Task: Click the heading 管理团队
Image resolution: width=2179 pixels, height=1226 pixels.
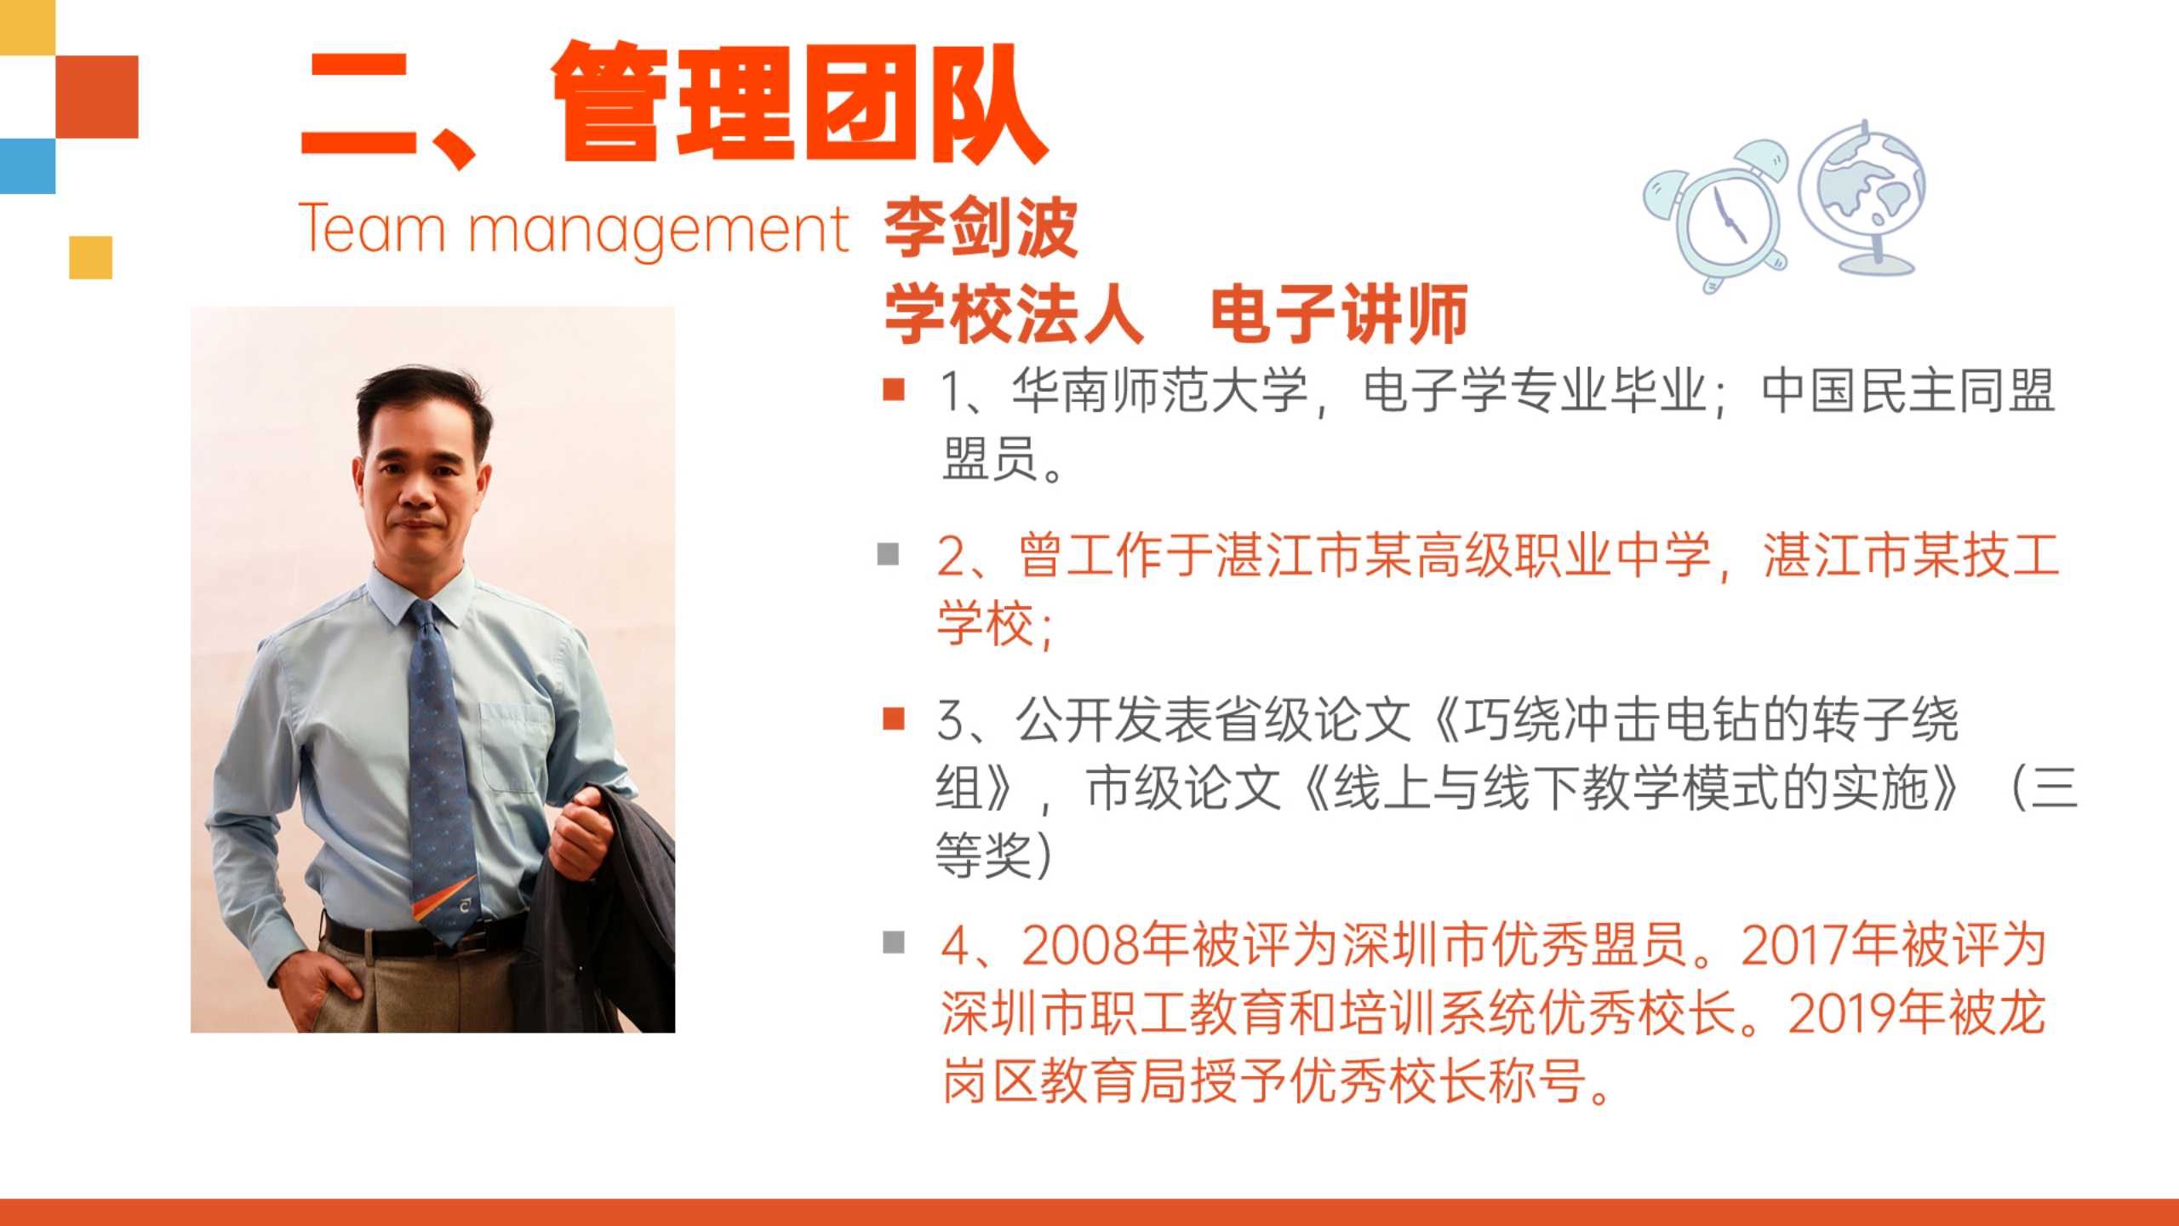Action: click(800, 102)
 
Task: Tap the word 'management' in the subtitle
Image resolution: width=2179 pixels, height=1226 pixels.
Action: click(659, 232)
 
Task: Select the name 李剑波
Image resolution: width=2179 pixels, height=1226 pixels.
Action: click(981, 227)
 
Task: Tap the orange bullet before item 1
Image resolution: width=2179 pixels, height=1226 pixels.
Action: click(894, 389)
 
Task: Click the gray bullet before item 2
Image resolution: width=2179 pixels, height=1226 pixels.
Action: click(889, 554)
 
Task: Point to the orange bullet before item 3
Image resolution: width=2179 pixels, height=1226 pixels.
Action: click(894, 719)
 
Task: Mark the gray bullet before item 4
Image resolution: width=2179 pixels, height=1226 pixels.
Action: click(894, 942)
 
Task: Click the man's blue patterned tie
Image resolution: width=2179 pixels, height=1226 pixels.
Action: click(439, 766)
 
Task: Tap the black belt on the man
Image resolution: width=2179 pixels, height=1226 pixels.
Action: click(409, 937)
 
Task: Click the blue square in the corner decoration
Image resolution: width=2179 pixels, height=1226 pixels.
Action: click(27, 166)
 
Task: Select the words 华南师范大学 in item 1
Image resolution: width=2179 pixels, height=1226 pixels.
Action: click(1159, 392)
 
